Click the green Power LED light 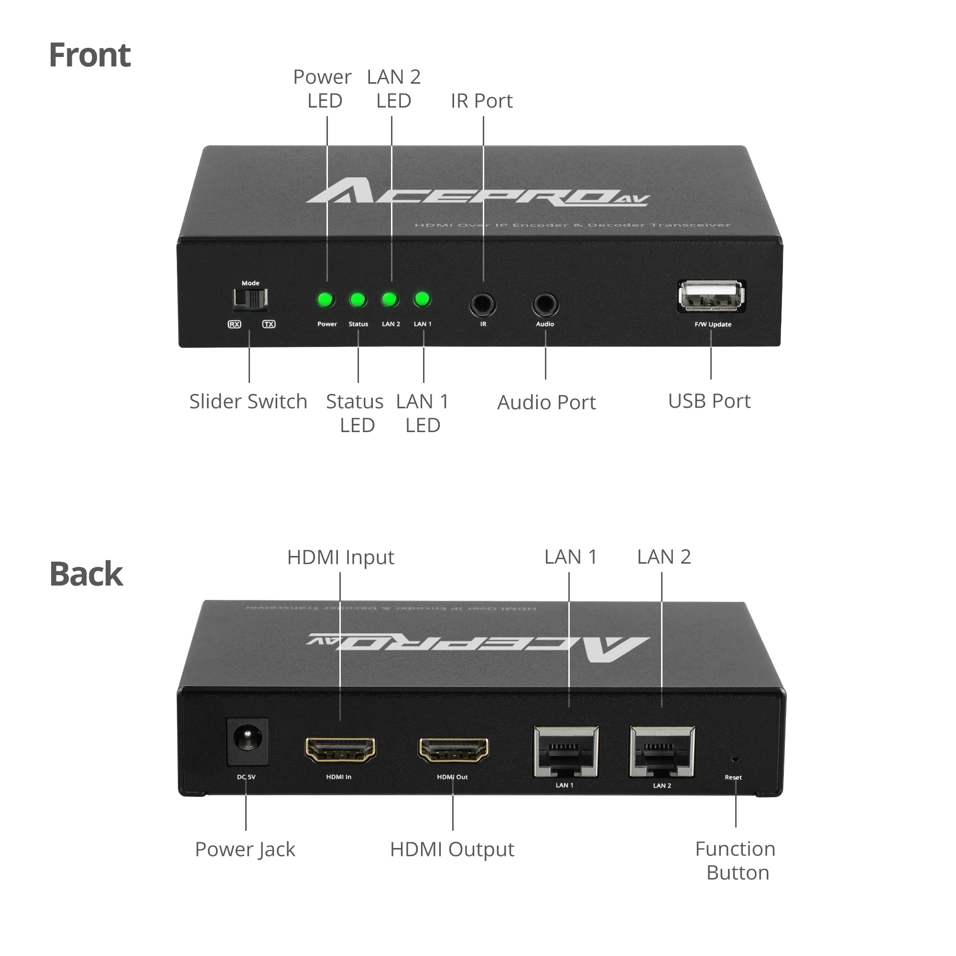click(326, 300)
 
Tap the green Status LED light click(358, 300)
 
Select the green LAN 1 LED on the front click(422, 299)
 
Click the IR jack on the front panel click(482, 304)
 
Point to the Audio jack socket click(545, 304)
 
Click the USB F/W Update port click(711, 296)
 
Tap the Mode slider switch click(250, 298)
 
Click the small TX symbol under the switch click(269, 324)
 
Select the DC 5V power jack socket click(248, 741)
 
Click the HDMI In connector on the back click(340, 749)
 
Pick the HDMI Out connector click(453, 749)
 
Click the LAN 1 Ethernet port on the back click(565, 751)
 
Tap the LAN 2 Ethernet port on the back click(662, 751)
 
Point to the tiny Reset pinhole click(735, 759)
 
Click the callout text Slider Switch click(248, 402)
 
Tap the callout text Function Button click(736, 861)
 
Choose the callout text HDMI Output click(452, 849)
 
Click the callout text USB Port click(709, 401)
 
